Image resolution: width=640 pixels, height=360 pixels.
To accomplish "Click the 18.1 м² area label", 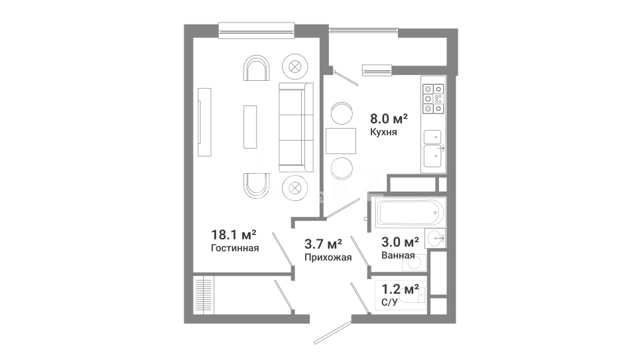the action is click(x=233, y=235).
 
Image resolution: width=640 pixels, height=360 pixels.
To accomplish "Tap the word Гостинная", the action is click(x=235, y=248).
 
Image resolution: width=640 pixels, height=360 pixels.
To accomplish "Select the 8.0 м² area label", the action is click(x=389, y=119).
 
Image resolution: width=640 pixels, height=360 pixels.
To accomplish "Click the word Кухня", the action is click(x=383, y=132).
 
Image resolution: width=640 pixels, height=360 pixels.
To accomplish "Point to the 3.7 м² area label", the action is click(x=323, y=244).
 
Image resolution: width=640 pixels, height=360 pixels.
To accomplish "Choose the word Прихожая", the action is click(x=328, y=257).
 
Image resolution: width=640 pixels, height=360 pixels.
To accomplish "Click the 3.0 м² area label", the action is click(x=400, y=242).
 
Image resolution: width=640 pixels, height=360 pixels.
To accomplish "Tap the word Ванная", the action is click(x=398, y=255).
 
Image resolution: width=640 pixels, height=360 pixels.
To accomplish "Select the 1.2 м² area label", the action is click(x=400, y=289).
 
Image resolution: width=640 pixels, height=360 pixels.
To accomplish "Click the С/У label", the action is click(x=389, y=302).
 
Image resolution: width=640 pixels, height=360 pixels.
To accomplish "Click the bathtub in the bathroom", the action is click(x=411, y=213).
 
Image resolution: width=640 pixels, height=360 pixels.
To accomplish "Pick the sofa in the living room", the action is click(x=296, y=127).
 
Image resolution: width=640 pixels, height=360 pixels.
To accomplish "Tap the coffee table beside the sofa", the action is click(x=250, y=127).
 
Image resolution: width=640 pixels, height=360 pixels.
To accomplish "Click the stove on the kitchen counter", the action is click(x=433, y=98).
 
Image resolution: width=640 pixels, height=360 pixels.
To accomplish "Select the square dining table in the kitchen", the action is click(x=341, y=141).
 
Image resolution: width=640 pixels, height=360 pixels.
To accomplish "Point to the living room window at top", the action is click(x=256, y=30).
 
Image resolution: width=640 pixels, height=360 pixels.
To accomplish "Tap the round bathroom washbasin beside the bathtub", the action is click(x=435, y=239).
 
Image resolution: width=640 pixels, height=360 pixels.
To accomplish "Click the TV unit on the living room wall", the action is click(x=204, y=122).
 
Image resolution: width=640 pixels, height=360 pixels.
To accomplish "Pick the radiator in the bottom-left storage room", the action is click(x=204, y=296).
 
